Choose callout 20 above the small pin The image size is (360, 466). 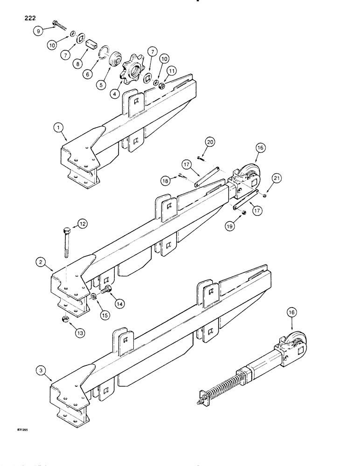point(209,144)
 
